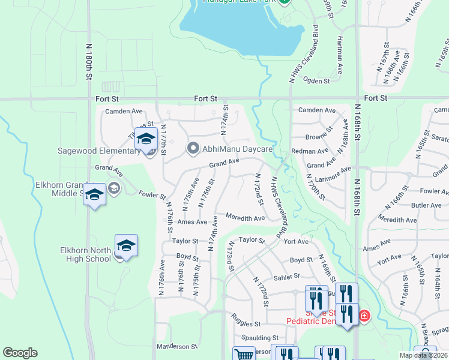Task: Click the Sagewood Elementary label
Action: [x=99, y=151]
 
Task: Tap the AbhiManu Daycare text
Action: [x=238, y=148]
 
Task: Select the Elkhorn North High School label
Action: [x=85, y=254]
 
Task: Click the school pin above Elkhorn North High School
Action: [x=127, y=245]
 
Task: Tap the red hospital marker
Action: [x=364, y=315]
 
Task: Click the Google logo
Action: [x=20, y=353]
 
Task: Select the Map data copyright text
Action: [x=423, y=355]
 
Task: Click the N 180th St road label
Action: [x=89, y=61]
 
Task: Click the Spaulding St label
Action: [x=260, y=338]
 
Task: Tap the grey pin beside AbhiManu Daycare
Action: [x=193, y=148]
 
